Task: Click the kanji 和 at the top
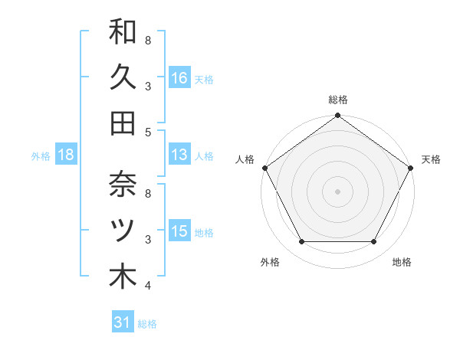point(123,31)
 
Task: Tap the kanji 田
point(123,122)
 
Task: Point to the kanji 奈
point(123,185)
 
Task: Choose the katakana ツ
point(123,230)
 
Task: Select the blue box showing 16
point(179,77)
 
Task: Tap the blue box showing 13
point(179,155)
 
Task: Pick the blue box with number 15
point(179,232)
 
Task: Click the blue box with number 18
point(66,155)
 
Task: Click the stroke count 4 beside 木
point(148,286)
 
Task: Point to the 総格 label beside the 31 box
point(147,324)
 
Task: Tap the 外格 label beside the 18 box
point(41,156)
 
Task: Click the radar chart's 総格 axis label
point(338,100)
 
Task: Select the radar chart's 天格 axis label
point(431,159)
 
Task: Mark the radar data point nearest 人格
point(264,168)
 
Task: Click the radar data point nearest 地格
point(374,242)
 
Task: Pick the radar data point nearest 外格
point(301,242)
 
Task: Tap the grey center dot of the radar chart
point(338,191)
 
